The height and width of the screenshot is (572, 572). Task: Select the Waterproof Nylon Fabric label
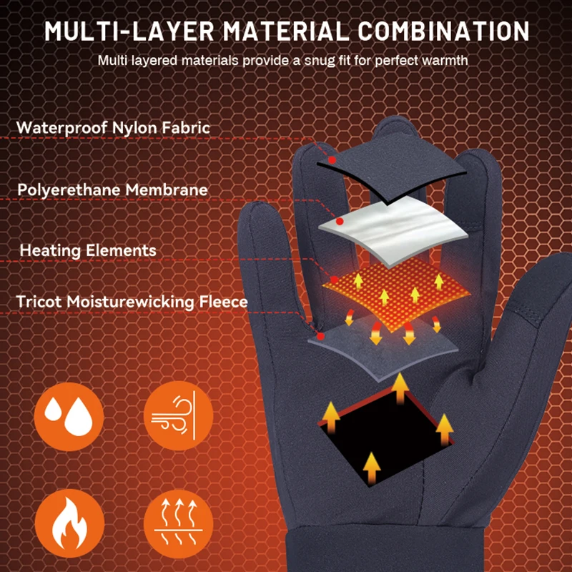click(x=114, y=127)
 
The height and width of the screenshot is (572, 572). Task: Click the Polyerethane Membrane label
click(x=113, y=189)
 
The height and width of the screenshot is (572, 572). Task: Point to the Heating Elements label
click(x=88, y=250)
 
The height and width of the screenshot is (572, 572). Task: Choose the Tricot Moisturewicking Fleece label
click(x=132, y=302)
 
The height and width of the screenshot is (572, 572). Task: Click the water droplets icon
click(x=69, y=415)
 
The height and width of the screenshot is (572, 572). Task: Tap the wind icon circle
click(x=178, y=415)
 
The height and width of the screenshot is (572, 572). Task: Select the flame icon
click(x=69, y=523)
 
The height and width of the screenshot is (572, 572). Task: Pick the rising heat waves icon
click(x=178, y=523)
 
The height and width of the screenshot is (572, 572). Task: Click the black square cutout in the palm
click(x=386, y=436)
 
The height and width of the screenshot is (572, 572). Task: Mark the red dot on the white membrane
click(x=340, y=222)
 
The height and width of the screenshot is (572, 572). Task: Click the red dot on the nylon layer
click(x=332, y=159)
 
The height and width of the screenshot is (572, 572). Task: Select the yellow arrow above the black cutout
click(x=400, y=389)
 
